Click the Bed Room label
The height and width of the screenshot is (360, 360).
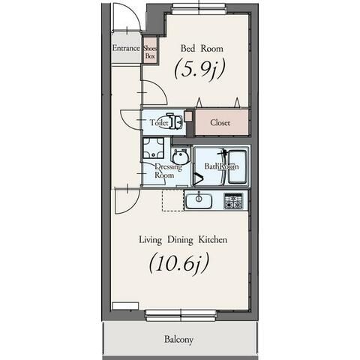[202, 48]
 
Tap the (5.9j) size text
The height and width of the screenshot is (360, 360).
[199, 69]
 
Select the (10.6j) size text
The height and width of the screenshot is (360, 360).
[179, 264]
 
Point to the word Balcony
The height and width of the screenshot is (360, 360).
[178, 340]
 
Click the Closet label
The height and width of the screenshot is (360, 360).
[220, 123]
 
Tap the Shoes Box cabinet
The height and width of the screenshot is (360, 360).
[150, 51]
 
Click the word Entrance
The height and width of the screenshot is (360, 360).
[126, 48]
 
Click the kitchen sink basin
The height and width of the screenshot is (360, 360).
[199, 201]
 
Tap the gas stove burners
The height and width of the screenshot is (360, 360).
[233, 201]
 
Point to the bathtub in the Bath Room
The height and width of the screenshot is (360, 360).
[237, 166]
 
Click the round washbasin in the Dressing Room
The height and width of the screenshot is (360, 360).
[180, 157]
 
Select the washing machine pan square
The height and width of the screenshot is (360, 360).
[154, 148]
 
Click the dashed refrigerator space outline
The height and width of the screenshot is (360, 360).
[172, 201]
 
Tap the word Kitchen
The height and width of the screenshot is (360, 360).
[213, 239]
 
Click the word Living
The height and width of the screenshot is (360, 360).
[150, 240]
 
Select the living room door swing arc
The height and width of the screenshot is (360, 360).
[133, 206]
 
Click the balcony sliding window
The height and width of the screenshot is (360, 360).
[181, 315]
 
